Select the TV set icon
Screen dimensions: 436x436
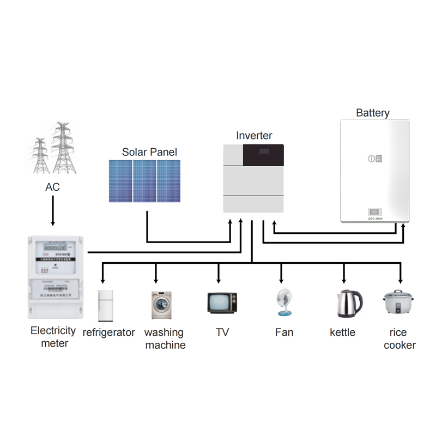click(x=222, y=302)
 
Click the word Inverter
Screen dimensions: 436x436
click(x=254, y=136)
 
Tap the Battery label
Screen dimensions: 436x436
click(x=373, y=113)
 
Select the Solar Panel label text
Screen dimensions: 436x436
click(x=149, y=152)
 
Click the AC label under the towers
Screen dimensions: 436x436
click(x=52, y=187)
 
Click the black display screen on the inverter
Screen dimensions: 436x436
click(x=263, y=155)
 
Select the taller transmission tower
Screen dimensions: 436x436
click(x=64, y=148)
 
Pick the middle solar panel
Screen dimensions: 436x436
click(x=145, y=180)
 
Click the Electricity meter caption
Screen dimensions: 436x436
click(x=53, y=337)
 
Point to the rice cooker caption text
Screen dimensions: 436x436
click(x=399, y=338)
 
